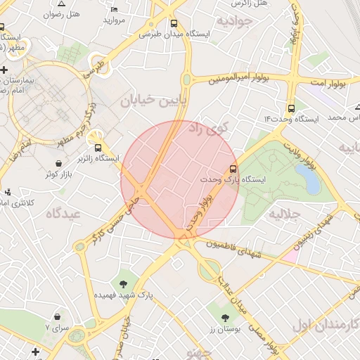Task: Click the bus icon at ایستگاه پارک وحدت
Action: coord(233,169)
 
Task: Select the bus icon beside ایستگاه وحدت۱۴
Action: coord(290,109)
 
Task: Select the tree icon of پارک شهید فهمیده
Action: coord(124,284)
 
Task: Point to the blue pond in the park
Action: coord(311,183)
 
